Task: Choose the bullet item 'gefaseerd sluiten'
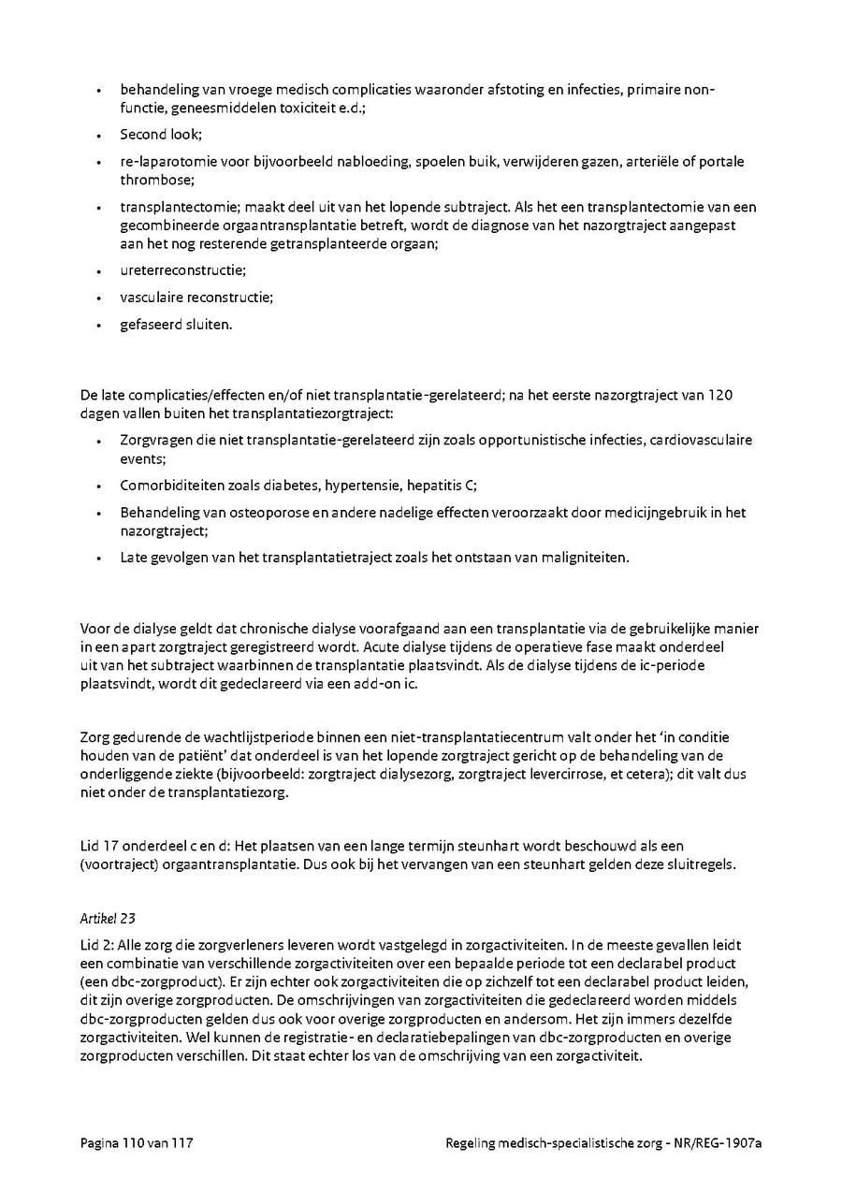[x=175, y=325]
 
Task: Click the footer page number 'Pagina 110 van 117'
[x=137, y=1142]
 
